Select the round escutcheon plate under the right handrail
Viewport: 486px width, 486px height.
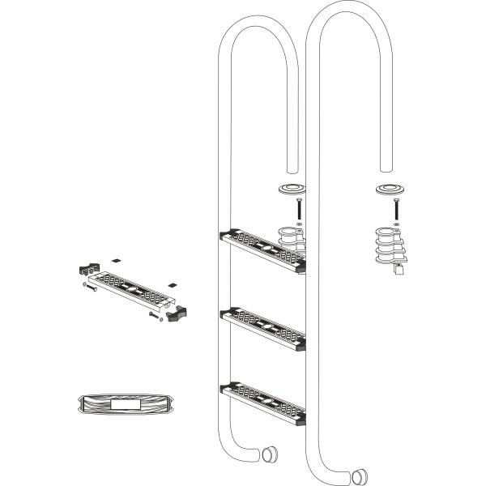tap(389, 191)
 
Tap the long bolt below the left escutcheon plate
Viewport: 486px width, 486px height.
tap(299, 208)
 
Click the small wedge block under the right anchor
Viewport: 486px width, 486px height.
tap(398, 272)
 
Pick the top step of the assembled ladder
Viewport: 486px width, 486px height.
tap(262, 249)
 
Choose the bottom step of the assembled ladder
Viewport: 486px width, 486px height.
tap(262, 403)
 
